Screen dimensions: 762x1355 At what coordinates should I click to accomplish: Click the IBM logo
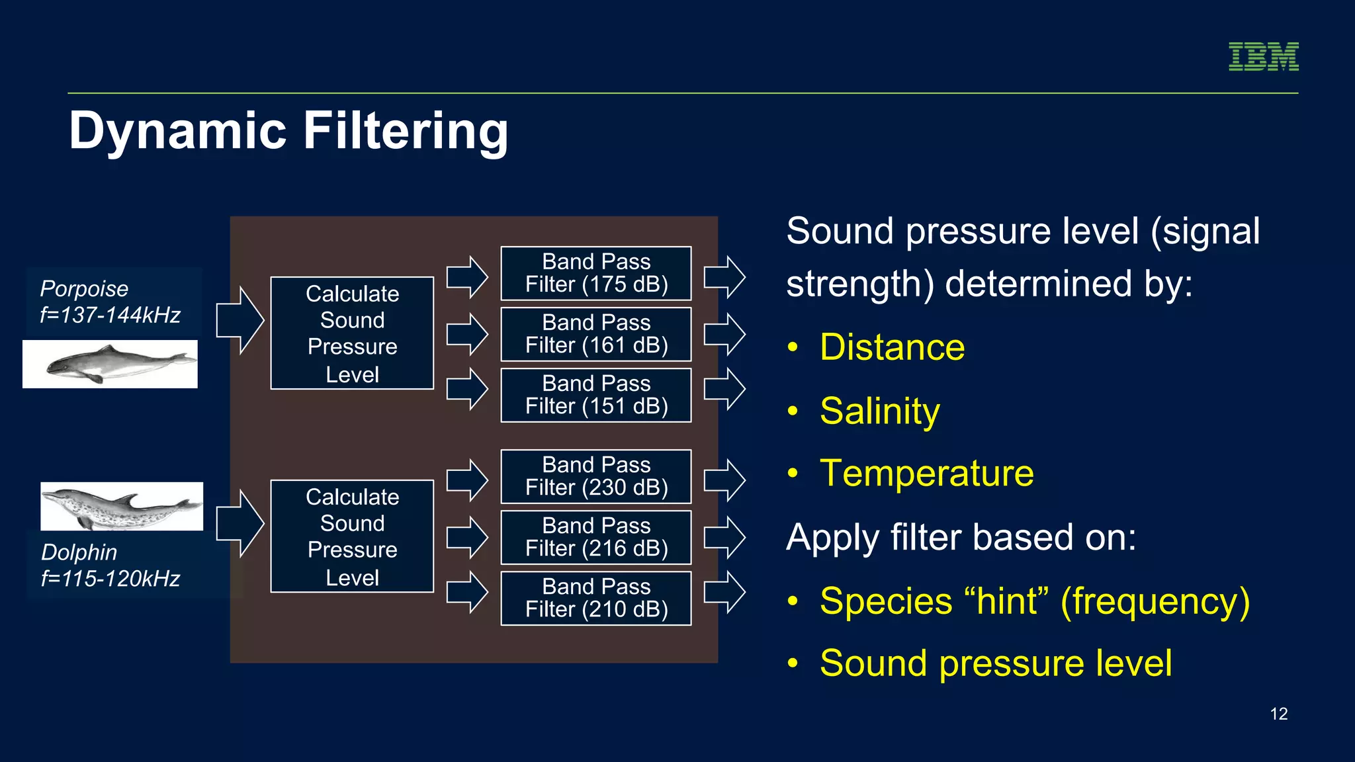click(x=1263, y=57)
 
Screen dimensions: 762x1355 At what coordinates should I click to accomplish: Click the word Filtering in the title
click(x=405, y=131)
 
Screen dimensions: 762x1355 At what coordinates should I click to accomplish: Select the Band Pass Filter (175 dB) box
click(x=596, y=273)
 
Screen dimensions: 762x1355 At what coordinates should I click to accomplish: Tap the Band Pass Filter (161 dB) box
click(x=596, y=334)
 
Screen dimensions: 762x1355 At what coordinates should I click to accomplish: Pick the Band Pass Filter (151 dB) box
click(x=596, y=395)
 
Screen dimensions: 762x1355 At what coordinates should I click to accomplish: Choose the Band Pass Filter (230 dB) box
click(x=596, y=476)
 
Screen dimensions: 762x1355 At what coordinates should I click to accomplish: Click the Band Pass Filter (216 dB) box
click(x=596, y=537)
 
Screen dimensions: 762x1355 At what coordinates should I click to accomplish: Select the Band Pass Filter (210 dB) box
click(x=596, y=598)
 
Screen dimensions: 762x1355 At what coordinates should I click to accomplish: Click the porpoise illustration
click(x=110, y=364)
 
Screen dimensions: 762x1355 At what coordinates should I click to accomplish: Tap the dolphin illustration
click(x=122, y=507)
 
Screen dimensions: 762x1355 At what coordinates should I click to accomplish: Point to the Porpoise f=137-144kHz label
click(x=110, y=302)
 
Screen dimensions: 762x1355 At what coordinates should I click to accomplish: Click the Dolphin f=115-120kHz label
click(x=110, y=565)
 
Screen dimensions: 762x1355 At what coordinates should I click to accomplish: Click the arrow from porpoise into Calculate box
click(x=240, y=321)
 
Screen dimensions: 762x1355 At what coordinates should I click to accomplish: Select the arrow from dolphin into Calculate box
click(x=240, y=524)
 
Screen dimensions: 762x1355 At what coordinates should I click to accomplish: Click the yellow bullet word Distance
click(x=892, y=347)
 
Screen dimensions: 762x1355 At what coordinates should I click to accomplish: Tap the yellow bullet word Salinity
click(x=879, y=411)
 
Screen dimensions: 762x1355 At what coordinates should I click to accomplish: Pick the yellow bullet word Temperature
click(x=926, y=474)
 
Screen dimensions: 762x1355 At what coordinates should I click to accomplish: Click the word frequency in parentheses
click(x=1155, y=601)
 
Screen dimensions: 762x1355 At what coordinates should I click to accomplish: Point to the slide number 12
click(x=1278, y=714)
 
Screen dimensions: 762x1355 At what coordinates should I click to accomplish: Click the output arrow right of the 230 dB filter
click(x=724, y=480)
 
